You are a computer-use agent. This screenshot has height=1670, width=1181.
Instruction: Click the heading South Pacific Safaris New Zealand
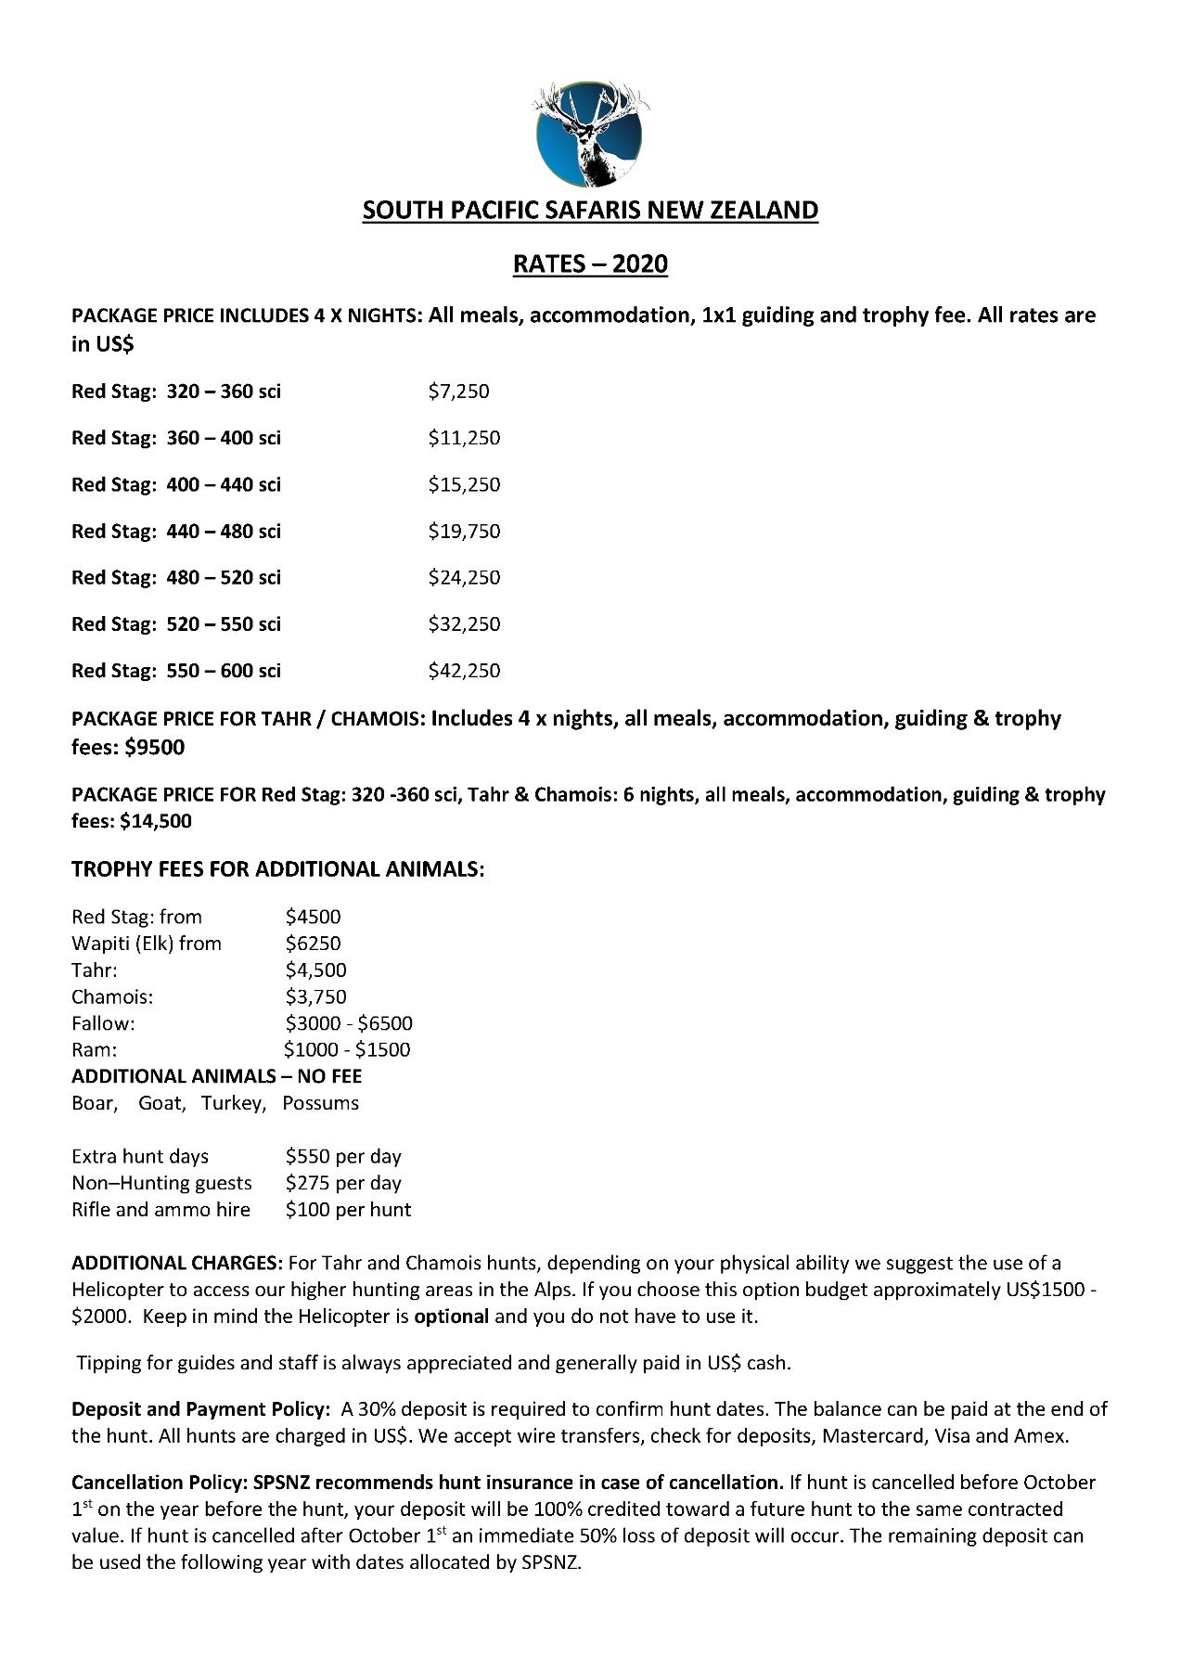click(590, 211)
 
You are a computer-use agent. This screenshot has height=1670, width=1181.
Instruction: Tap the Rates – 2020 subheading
click(590, 264)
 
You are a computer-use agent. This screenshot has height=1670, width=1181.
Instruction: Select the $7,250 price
click(458, 392)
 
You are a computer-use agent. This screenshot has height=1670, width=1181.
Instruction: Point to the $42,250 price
click(464, 671)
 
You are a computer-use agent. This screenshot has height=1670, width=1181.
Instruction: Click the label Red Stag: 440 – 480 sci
click(176, 532)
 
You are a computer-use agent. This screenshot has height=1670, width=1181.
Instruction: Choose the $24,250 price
click(464, 578)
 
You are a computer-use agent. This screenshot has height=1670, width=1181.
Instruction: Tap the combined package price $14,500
click(156, 821)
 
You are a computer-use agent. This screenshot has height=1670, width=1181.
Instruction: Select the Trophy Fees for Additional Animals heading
click(278, 870)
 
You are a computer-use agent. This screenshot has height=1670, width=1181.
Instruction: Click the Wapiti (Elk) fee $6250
click(314, 944)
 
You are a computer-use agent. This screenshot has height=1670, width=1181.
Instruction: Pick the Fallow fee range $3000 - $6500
click(349, 1023)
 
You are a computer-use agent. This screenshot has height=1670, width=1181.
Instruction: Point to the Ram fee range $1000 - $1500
click(347, 1050)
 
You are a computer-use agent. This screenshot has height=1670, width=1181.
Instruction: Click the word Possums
click(320, 1104)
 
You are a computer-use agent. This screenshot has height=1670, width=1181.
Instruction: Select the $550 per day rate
click(343, 1157)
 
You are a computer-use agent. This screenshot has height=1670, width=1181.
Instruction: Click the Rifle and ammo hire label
click(161, 1210)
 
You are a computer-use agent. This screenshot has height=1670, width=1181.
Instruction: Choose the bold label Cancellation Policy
click(152, 1483)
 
